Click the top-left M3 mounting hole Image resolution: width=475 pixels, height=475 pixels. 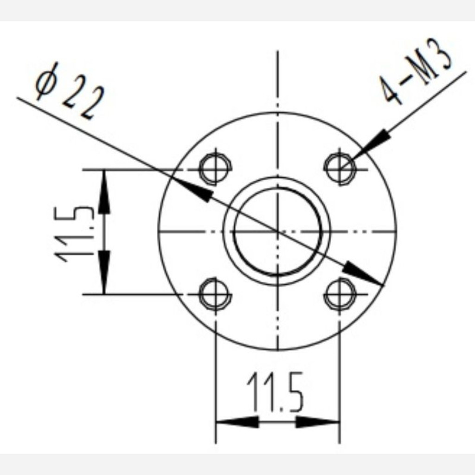tap(215, 167)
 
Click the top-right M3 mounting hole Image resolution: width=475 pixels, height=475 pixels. tap(340, 167)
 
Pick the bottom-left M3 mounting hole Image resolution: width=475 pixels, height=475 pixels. tap(215, 294)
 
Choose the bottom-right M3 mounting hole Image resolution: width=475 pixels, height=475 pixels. tap(340, 294)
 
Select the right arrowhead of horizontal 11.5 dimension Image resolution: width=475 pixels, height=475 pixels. tap(318, 422)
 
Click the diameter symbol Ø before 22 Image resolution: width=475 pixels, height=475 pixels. tap(46, 84)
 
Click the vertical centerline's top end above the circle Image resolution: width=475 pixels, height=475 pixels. tap(277, 53)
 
